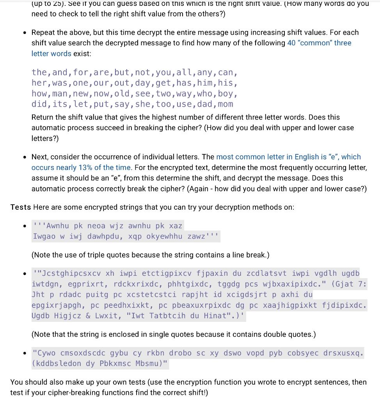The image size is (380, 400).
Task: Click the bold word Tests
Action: click(20, 207)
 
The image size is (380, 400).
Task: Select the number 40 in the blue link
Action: click(291, 43)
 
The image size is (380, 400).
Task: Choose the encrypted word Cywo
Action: click(46, 353)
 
